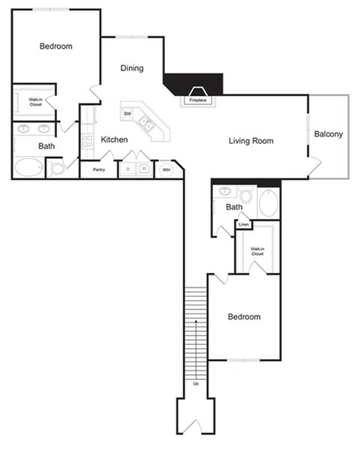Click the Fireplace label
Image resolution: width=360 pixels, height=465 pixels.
click(x=198, y=100)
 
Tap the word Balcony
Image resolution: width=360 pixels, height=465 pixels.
click(x=328, y=135)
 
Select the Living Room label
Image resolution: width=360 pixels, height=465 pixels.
click(x=250, y=140)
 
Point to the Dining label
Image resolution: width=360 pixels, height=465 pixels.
click(x=132, y=68)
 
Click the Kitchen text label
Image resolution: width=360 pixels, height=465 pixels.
click(x=114, y=139)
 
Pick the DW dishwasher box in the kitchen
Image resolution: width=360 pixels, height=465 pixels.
click(x=127, y=114)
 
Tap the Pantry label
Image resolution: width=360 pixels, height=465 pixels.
click(x=98, y=169)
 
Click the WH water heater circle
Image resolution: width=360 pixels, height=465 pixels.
click(x=165, y=169)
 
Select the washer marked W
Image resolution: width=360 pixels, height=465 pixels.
click(x=143, y=169)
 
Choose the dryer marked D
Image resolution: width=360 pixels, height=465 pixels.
click(x=128, y=169)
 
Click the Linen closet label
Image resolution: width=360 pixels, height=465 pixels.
click(x=243, y=224)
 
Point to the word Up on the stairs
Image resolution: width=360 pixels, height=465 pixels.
click(x=196, y=383)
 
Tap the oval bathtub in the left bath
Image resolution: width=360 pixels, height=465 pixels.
click(x=28, y=166)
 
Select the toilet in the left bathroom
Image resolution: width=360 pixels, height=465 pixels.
click(x=57, y=168)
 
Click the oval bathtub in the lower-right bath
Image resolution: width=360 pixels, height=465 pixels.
click(x=268, y=202)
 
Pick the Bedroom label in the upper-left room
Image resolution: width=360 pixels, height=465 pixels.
click(x=55, y=46)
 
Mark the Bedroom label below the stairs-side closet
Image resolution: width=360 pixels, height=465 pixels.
click(x=244, y=317)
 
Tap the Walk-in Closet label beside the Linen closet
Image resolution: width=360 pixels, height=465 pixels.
click(x=257, y=251)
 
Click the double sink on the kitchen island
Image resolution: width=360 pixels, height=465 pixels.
click(x=147, y=124)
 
